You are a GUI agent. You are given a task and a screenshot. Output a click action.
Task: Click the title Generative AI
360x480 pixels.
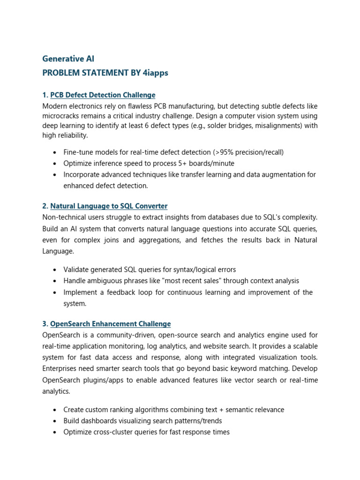[x=68, y=59]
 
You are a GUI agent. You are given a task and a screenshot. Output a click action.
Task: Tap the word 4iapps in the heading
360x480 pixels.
[x=155, y=73]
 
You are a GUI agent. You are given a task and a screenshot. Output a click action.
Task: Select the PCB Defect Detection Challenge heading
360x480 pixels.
[x=103, y=95]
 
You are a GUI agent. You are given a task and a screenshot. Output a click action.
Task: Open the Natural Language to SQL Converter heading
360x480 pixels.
[x=109, y=206]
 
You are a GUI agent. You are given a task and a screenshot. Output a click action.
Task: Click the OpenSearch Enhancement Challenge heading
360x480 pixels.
[x=110, y=324]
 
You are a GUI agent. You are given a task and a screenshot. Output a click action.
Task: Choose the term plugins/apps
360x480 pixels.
[x=103, y=380]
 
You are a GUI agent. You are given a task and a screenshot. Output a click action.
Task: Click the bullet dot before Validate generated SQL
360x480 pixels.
[x=55, y=270]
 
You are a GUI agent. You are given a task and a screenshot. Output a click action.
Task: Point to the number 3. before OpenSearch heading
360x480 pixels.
[x=45, y=324]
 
